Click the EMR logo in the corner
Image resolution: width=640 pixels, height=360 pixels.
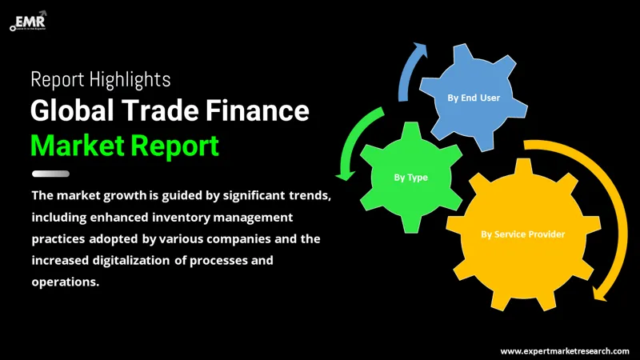coord(28,18)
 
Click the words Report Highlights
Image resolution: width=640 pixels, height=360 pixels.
coord(99,79)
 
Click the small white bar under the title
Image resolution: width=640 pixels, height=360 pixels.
coord(50,174)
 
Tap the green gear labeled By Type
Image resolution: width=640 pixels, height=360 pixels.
coord(410,177)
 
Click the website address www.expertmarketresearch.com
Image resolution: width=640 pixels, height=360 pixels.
coord(564,350)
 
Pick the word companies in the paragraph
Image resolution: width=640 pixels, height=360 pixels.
coord(235,238)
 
